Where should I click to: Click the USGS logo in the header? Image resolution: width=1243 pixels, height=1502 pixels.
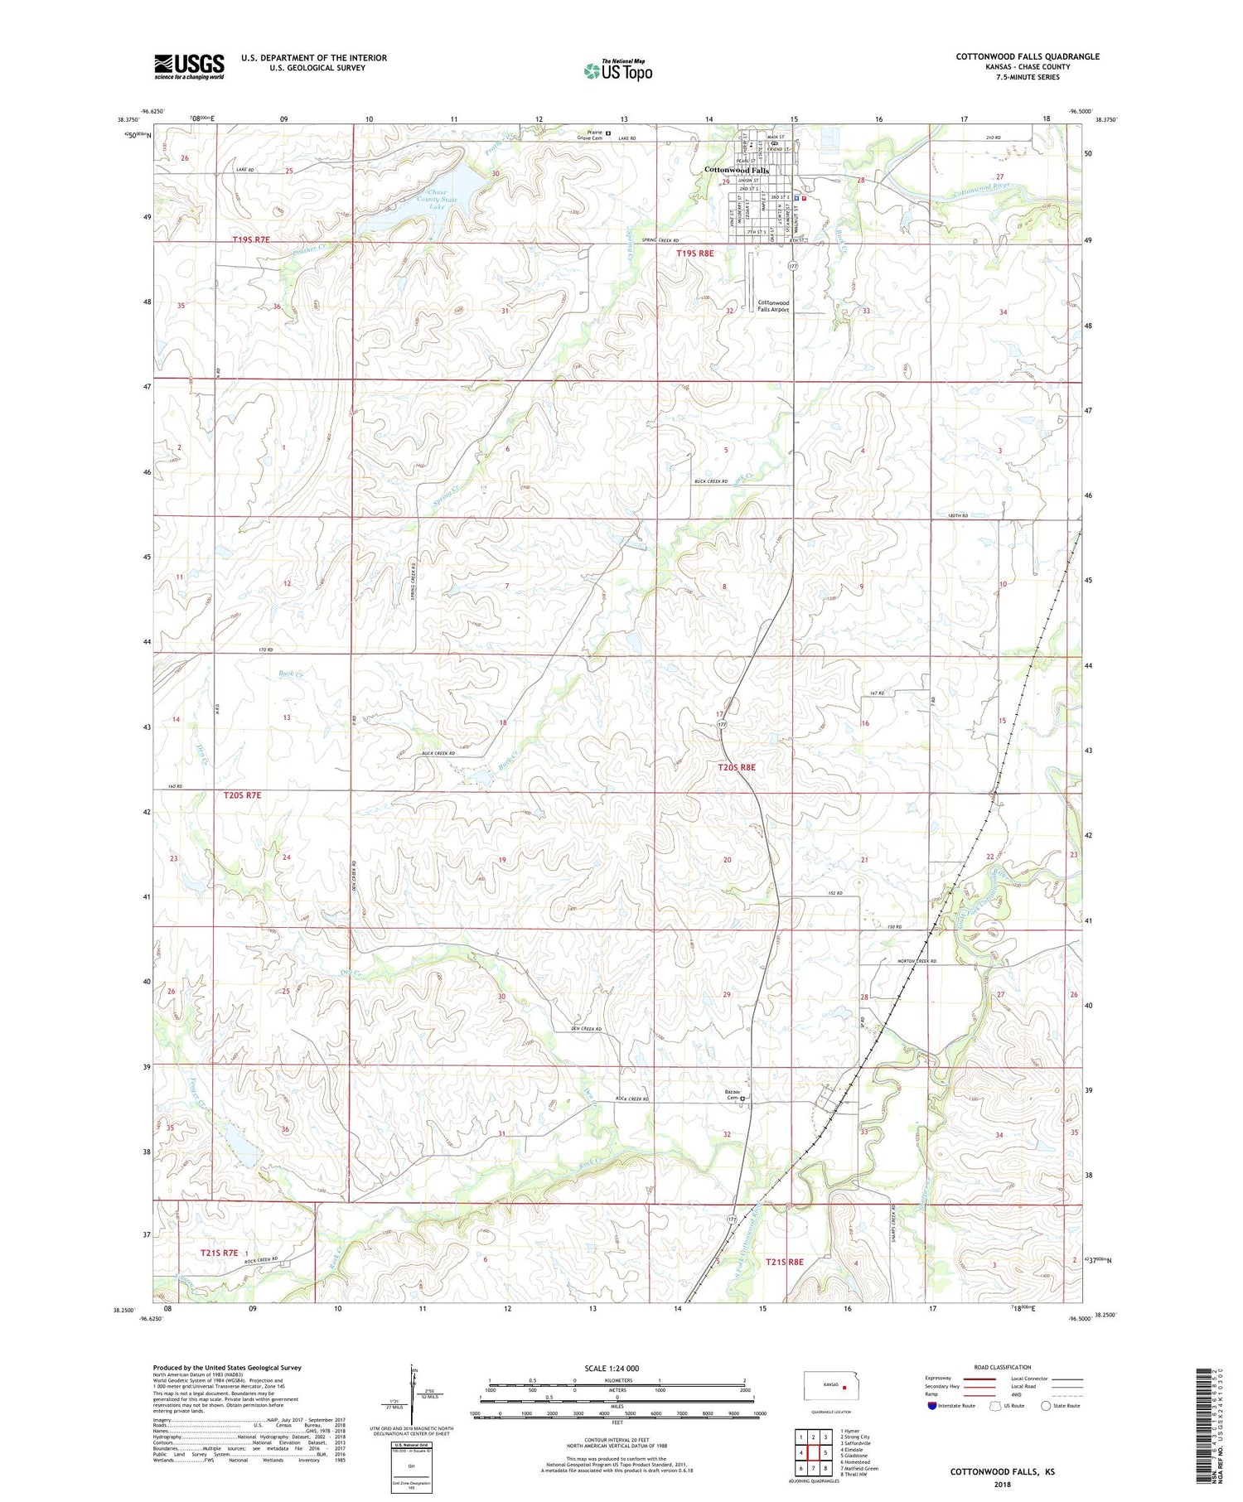click(x=189, y=66)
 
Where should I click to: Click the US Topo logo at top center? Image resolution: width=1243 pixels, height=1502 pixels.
click(x=617, y=70)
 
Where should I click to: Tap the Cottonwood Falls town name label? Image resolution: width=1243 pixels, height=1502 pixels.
click(x=736, y=171)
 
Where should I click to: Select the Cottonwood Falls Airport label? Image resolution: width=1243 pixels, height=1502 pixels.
click(x=773, y=306)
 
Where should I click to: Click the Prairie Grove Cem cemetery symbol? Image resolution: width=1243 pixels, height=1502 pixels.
click(x=608, y=133)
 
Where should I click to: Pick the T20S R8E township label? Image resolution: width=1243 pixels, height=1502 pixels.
click(x=736, y=768)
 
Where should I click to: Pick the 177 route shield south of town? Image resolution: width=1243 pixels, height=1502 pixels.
click(x=794, y=266)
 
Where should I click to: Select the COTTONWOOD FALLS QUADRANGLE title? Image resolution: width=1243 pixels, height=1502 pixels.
click(x=1028, y=56)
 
